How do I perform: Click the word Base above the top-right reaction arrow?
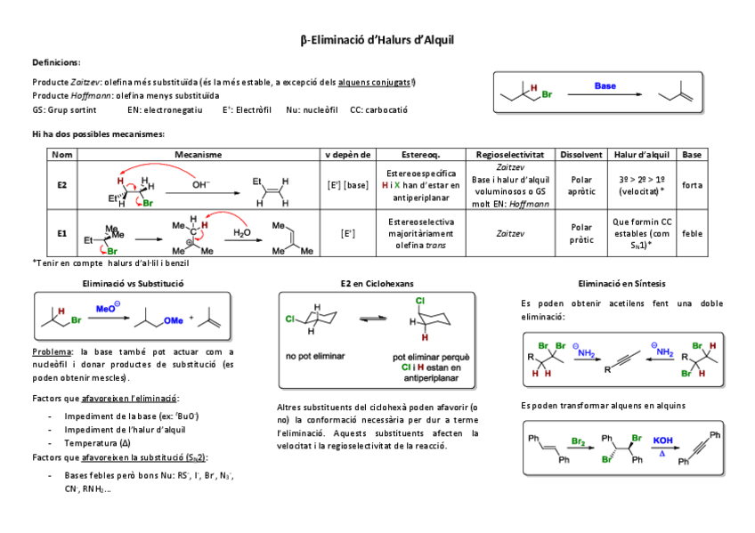(605, 86)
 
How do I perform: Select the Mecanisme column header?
(198, 154)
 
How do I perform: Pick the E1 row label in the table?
(62, 233)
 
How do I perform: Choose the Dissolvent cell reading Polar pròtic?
(581, 233)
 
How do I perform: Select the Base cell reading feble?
(691, 233)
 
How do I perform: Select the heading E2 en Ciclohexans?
(377, 284)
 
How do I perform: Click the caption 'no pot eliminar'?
(310, 357)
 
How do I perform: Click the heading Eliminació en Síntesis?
(621, 284)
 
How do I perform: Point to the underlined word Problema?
(49, 352)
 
